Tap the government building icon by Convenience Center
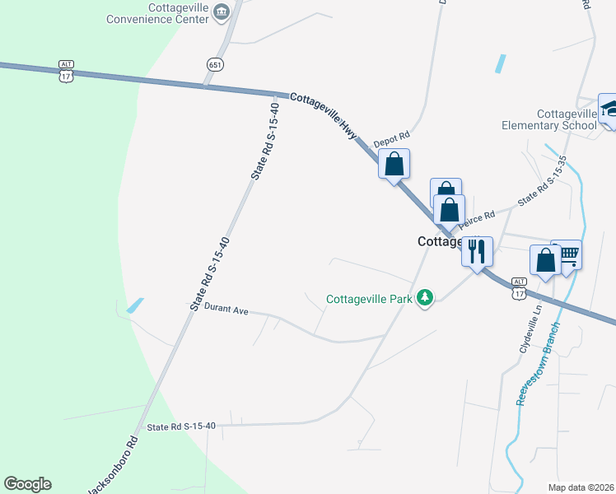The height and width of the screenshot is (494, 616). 221,12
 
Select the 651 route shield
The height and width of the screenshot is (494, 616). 213,64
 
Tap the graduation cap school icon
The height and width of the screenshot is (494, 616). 609,107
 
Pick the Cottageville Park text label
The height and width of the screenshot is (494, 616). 369,299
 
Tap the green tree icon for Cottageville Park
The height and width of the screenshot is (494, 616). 424,297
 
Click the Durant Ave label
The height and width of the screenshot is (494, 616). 226,310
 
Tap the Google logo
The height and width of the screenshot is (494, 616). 27,484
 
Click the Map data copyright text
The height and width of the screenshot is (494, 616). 581,487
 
